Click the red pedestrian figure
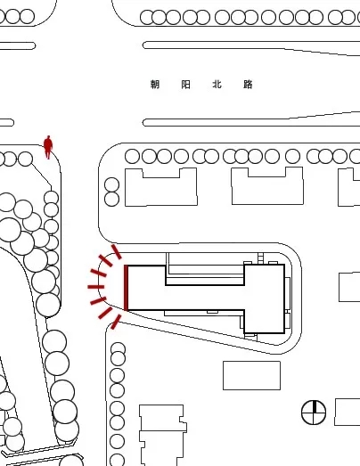click(x=48, y=147)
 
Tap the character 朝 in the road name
click(x=155, y=85)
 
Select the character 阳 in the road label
click(x=186, y=85)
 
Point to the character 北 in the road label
click(x=217, y=85)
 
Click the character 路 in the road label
click(x=248, y=85)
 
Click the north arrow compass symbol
click(x=314, y=413)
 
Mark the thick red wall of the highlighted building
click(x=126, y=288)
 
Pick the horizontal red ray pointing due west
click(x=95, y=287)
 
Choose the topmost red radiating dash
click(x=117, y=252)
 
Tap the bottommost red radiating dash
click(x=116, y=323)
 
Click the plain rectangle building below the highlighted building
click(x=251, y=375)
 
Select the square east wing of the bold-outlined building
click(x=265, y=298)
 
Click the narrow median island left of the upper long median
click(x=17, y=45)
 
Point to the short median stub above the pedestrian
click(x=6, y=122)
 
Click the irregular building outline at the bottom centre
click(x=163, y=435)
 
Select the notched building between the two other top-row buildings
click(x=267, y=185)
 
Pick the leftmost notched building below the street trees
click(x=160, y=187)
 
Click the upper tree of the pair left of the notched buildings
click(x=111, y=184)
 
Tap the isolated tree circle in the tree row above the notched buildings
click(x=292, y=156)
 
